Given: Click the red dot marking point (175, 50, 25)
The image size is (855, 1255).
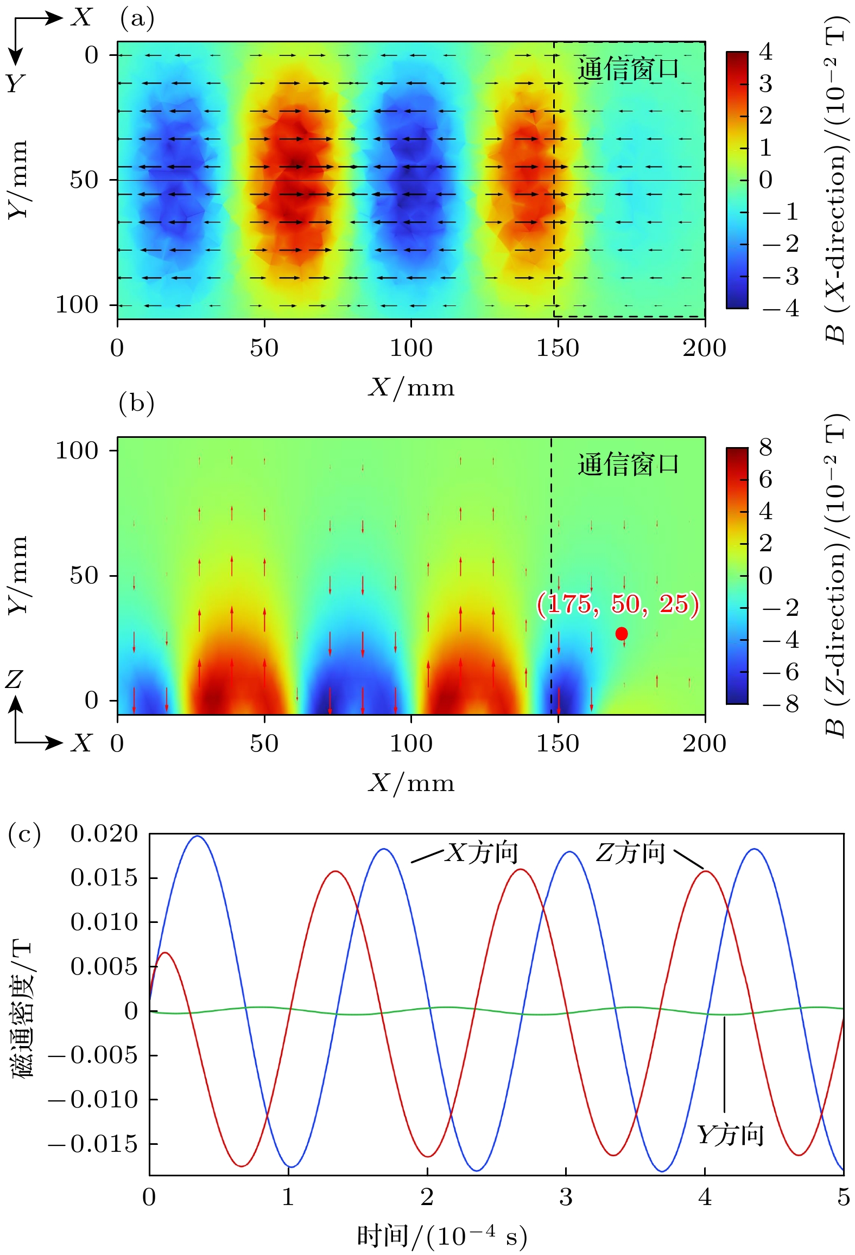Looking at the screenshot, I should pyautogui.click(x=622, y=633).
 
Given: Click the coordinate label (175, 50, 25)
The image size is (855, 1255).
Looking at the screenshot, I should pyautogui.click(x=618, y=604).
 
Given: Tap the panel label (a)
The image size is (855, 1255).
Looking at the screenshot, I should pyautogui.click(x=137, y=19).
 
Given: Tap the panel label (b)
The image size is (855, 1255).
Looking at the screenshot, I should pyautogui.click(x=136, y=404).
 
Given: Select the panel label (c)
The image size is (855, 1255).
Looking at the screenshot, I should pyautogui.click(x=24, y=834).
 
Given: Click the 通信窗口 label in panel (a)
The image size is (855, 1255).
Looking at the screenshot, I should pyautogui.click(x=628, y=69).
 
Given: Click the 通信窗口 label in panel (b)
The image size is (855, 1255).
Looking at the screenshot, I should pyautogui.click(x=628, y=464).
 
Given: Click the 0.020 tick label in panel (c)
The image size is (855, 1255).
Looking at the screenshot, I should pyautogui.click(x=104, y=834).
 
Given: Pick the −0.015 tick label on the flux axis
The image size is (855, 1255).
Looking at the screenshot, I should pyautogui.click(x=93, y=1144).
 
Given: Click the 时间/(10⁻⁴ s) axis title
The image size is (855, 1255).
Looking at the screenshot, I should pyautogui.click(x=442, y=1236).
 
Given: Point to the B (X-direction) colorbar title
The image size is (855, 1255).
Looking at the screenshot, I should pyautogui.click(x=835, y=179).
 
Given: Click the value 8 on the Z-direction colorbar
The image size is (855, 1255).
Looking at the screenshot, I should pyautogui.click(x=765, y=448).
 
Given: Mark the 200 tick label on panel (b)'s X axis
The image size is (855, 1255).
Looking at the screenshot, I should pyautogui.click(x=704, y=743).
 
